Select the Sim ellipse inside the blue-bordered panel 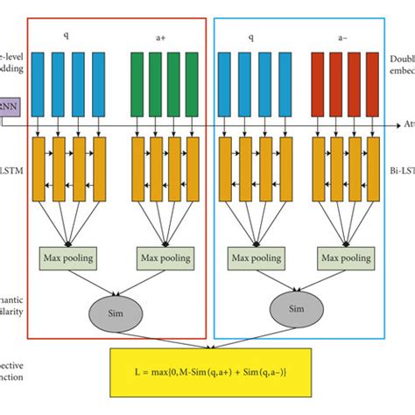click(x=296, y=308)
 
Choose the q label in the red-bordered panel click(x=66, y=38)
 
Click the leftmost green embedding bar click(x=137, y=81)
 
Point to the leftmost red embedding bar click(x=319, y=81)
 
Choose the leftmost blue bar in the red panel click(x=40, y=81)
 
